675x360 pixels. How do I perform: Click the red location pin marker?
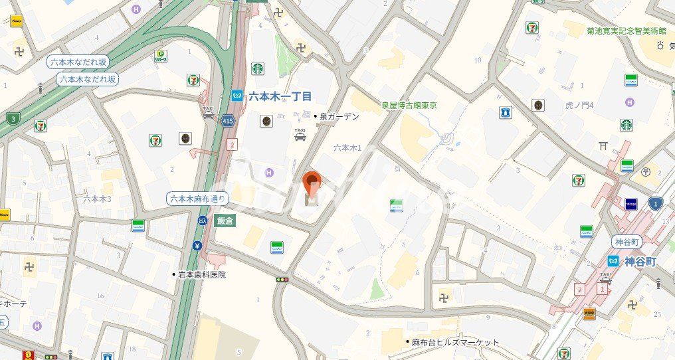tap(312, 181)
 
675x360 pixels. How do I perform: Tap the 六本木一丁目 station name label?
tap(280, 96)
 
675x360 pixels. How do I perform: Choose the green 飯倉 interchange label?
tap(225, 222)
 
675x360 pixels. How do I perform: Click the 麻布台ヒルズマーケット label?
tap(455, 343)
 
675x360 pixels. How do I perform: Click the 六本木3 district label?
tap(98, 199)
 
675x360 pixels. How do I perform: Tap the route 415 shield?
tap(229, 121)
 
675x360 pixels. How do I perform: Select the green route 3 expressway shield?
tap(12, 119)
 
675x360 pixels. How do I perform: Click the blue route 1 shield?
tap(656, 203)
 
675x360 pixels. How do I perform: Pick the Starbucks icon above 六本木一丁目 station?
tap(258, 68)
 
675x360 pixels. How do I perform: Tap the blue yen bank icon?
tap(197, 246)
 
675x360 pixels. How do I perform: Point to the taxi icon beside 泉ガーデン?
tap(300, 135)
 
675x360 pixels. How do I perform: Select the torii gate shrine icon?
tap(603, 145)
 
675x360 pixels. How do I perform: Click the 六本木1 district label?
tap(347, 148)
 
